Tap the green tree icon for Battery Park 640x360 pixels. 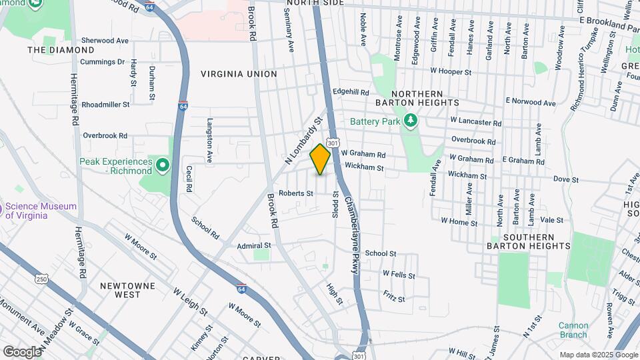[412, 121]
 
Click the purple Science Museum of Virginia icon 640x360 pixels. [3, 210]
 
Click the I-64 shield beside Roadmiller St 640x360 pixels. [183, 106]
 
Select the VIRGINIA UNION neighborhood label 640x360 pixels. [239, 74]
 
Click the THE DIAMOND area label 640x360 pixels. [61, 50]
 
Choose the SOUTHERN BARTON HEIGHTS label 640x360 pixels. [537, 241]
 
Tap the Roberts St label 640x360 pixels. [296, 193]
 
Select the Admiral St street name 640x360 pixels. [254, 245]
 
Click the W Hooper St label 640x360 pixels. [451, 71]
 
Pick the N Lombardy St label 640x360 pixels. [303, 140]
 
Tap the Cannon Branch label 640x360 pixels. [573, 330]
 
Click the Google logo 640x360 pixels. [21, 351]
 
